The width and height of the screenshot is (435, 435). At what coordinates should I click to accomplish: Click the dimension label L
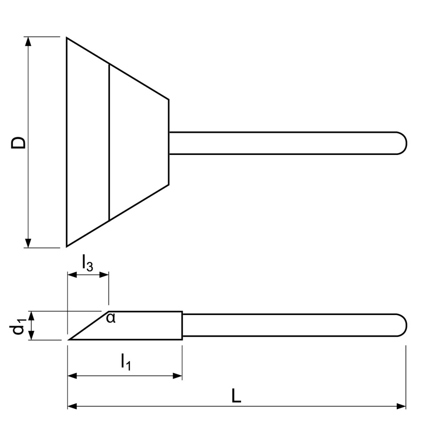pos(236,395)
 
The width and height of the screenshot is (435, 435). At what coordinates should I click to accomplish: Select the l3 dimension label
pos(87,264)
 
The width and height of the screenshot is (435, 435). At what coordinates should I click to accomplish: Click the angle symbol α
pos(111,319)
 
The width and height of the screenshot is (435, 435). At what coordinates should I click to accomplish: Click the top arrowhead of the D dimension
pos(29,41)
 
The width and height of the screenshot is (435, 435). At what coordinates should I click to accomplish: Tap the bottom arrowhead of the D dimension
pos(29,244)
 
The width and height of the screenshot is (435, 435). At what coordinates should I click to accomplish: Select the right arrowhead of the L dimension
pos(402,406)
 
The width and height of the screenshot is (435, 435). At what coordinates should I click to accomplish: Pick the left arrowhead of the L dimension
pos(72,406)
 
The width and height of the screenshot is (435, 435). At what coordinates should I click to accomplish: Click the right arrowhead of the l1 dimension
pos(178,375)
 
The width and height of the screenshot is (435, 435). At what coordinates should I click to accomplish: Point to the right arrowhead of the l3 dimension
pos(105,274)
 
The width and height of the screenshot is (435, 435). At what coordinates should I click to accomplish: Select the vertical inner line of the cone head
pos(109,143)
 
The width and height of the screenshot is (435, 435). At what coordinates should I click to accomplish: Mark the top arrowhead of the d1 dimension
pos(31,316)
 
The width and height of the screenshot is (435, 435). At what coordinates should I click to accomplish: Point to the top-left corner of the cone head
pos(67,38)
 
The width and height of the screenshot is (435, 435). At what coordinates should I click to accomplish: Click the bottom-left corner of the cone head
pos(67,246)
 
